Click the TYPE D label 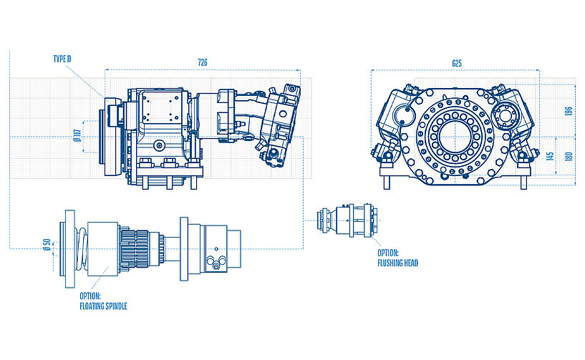point(62,59)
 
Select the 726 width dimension point(202,63)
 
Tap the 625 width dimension point(456,63)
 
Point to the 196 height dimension point(569,112)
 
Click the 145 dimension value point(550,156)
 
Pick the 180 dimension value point(569,156)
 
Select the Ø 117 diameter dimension point(75,134)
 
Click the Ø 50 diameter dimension point(47,246)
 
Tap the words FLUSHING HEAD point(397,263)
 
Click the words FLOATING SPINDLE point(103,306)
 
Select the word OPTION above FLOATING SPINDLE point(90,296)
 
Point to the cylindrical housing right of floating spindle point(215,247)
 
